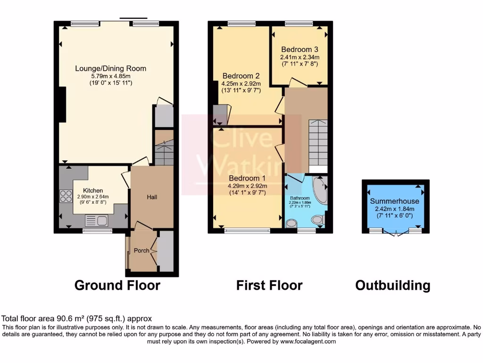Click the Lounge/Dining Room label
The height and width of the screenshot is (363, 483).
click(111, 69)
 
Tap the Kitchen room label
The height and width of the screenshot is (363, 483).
click(93, 190)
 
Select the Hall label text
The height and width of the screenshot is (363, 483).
click(151, 197)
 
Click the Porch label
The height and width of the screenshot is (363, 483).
click(142, 251)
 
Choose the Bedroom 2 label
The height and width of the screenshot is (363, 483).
click(241, 76)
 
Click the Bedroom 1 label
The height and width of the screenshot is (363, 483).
click(247, 178)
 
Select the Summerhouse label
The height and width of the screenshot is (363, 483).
click(394, 201)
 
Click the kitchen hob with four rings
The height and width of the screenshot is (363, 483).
click(66, 196)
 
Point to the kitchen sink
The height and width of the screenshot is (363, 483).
click(96, 220)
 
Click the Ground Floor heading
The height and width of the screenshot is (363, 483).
click(117, 285)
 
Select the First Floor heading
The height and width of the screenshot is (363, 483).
click(269, 285)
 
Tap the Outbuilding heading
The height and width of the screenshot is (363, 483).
click(392, 285)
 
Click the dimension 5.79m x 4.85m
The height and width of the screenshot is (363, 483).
click(111, 76)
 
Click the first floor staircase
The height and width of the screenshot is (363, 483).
click(317, 142)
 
